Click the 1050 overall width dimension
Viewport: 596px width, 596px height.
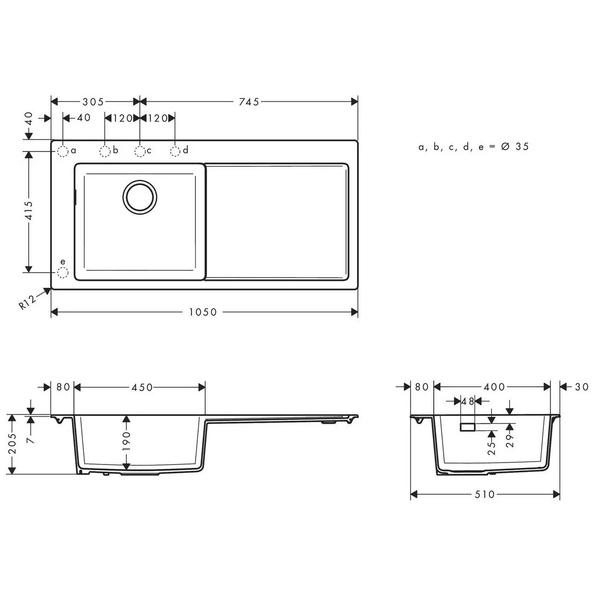[x=203, y=312]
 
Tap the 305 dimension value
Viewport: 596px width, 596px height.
[x=93, y=102]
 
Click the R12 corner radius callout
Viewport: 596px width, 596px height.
[x=28, y=302]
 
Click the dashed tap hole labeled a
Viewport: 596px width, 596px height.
[x=63, y=151]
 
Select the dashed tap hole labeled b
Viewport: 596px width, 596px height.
[x=105, y=151]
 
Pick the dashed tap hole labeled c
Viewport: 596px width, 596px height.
[x=140, y=151]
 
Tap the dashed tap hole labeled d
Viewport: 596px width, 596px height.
[x=175, y=151]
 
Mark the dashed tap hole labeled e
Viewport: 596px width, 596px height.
[x=63, y=272]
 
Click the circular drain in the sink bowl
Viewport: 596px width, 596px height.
[x=140, y=197]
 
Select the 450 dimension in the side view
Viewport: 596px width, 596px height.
[x=142, y=387]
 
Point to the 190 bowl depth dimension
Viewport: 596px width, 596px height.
[x=127, y=441]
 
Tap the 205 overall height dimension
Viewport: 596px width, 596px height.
[x=13, y=444]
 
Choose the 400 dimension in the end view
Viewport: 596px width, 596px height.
[x=494, y=387]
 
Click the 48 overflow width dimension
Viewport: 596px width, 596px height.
[x=467, y=402]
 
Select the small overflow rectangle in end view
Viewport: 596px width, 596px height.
[x=467, y=427]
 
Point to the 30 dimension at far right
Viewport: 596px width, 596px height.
[x=581, y=387]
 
